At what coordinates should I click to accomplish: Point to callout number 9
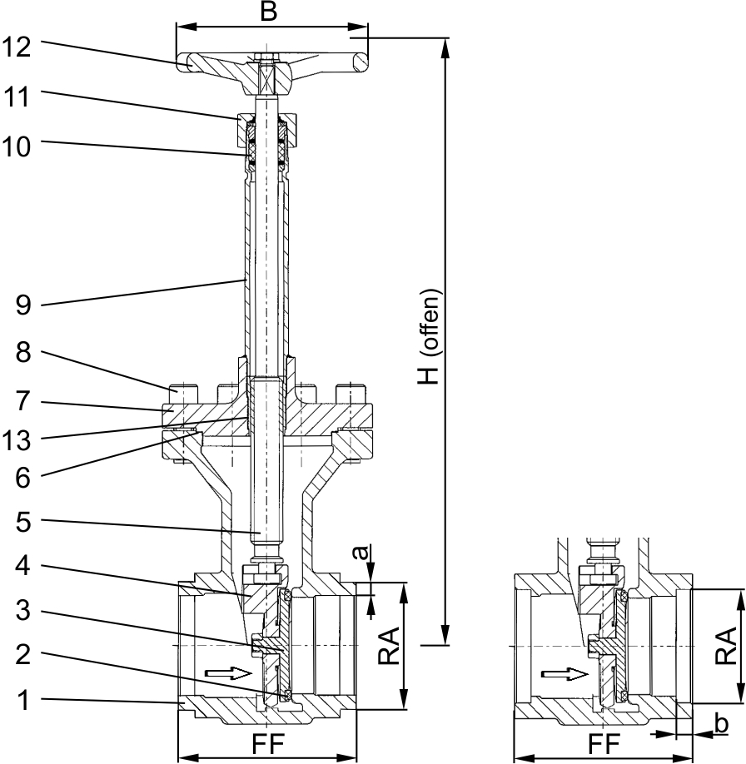[24, 305]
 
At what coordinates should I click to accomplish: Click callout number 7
[24, 401]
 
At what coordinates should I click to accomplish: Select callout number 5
[24, 525]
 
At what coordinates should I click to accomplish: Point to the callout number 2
[24, 655]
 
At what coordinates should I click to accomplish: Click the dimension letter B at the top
[266, 12]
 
